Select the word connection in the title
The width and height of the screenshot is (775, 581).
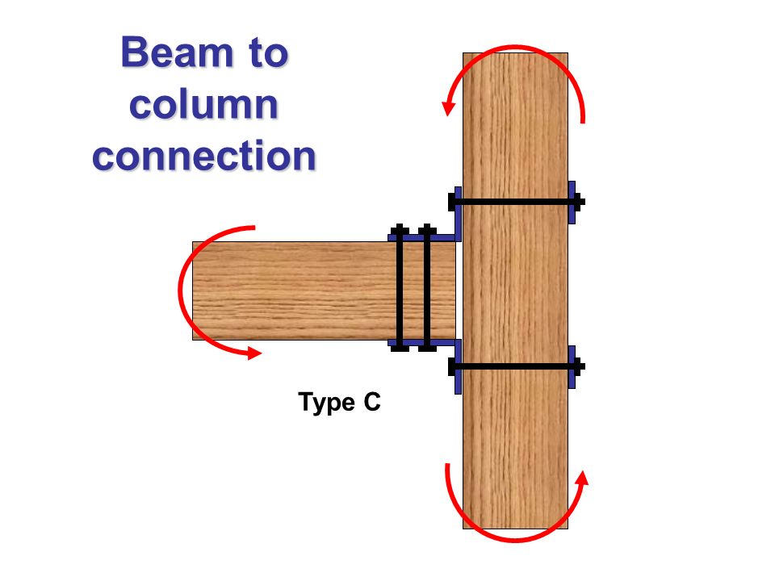click(203, 156)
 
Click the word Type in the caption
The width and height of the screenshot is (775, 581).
click(324, 402)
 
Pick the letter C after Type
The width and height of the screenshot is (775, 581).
click(371, 402)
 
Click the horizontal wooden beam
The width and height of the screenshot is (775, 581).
click(291, 290)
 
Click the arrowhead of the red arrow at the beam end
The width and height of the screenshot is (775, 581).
click(254, 353)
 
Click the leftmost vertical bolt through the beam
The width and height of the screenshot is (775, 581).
click(399, 290)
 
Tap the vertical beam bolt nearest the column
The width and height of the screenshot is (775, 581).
click(427, 290)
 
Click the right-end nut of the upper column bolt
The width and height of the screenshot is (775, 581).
click(579, 201)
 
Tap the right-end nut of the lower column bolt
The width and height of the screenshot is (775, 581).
click(579, 366)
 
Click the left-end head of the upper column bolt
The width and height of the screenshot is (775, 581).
click(452, 201)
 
